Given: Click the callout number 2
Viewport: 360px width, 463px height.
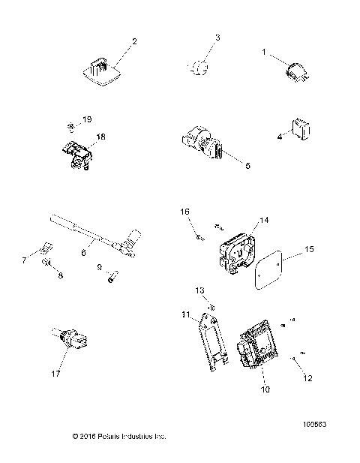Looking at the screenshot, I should click(x=135, y=41).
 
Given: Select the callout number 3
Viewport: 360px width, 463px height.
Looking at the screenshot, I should click(x=218, y=38).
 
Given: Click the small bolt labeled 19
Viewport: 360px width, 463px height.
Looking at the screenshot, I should click(x=69, y=125).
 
